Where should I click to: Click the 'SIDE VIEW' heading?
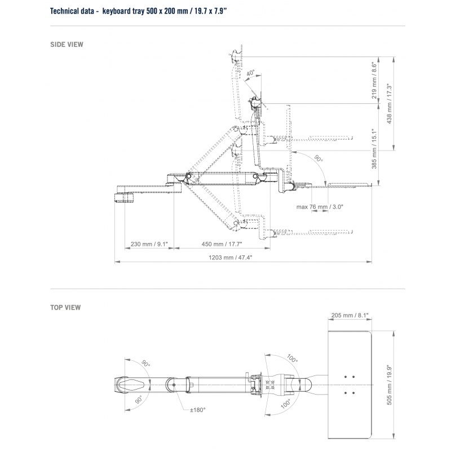pyautogui.click(x=67, y=44)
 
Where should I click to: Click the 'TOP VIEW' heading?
pyautogui.click(x=65, y=308)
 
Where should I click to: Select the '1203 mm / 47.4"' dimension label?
pyautogui.click(x=229, y=257)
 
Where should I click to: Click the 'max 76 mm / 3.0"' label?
pyautogui.click(x=320, y=207)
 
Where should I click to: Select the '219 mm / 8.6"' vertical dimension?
pyautogui.click(x=374, y=81)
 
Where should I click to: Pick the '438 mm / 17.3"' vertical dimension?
pyautogui.click(x=388, y=104)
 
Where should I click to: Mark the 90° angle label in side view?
pyautogui.click(x=319, y=160)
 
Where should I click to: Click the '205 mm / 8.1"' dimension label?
pyautogui.click(x=350, y=316)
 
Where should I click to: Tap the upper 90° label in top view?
pyautogui.click(x=146, y=365)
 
